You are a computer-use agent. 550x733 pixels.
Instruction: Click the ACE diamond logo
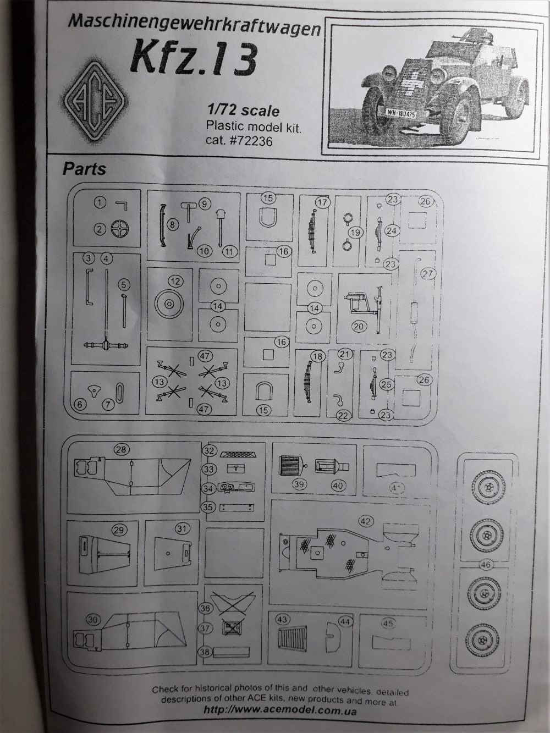(92, 103)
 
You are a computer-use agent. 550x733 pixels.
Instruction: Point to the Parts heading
(84, 168)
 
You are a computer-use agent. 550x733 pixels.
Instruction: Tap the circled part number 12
(175, 282)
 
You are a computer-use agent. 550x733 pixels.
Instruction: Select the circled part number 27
(428, 273)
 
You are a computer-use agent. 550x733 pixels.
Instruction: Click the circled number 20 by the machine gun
(359, 326)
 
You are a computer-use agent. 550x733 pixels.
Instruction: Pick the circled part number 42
(365, 521)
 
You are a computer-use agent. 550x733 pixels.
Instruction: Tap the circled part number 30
(93, 620)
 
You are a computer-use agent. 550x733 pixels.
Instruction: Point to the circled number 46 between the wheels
(486, 565)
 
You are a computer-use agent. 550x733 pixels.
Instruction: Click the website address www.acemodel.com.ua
(280, 710)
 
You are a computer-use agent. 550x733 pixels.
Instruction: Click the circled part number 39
(299, 484)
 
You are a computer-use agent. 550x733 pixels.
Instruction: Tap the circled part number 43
(282, 619)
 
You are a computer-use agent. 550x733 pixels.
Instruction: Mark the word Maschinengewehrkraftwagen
(194, 25)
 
